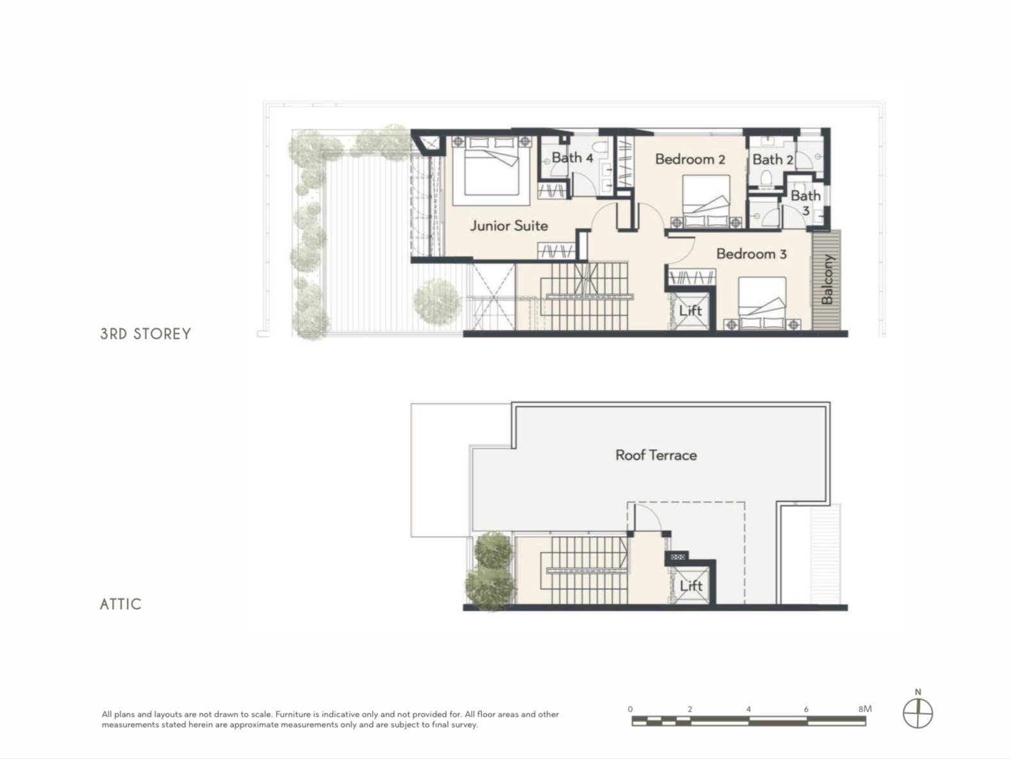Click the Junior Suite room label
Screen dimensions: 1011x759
(508, 225)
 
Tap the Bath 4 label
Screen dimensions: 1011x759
(572, 158)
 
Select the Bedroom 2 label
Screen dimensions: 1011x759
(690, 159)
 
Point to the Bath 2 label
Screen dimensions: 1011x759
(772, 160)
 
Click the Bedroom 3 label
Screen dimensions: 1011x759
(751, 254)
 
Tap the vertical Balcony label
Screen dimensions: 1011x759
(827, 279)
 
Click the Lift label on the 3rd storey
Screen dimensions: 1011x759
(690, 311)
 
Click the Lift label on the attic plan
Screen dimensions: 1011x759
(691, 585)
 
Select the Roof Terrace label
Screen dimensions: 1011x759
(656, 455)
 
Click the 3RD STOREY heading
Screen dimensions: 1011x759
(145, 334)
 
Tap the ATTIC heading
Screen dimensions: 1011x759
(120, 604)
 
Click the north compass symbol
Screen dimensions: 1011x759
(918, 714)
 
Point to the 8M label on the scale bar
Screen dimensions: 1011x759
(864, 709)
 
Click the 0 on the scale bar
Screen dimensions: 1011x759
(630, 709)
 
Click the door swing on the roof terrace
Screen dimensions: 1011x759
(647, 517)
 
